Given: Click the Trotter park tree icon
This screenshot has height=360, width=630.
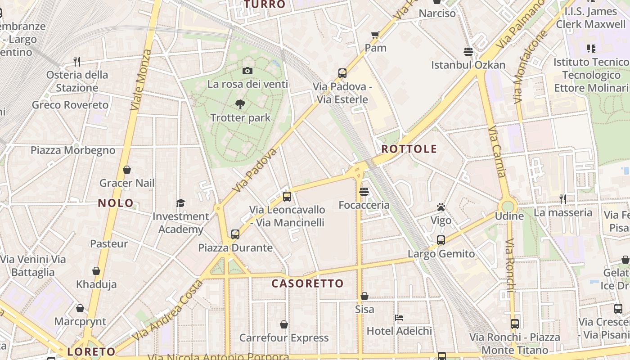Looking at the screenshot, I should click(x=240, y=104).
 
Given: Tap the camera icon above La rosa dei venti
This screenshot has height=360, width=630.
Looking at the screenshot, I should click(x=247, y=71).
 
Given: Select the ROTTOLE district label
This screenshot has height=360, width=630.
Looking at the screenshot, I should click(x=409, y=149).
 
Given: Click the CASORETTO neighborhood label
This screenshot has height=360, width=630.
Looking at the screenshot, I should click(x=308, y=283).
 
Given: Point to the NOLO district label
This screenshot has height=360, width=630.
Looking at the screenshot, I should click(x=116, y=203).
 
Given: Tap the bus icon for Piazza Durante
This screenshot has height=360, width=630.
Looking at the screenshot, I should click(x=235, y=234).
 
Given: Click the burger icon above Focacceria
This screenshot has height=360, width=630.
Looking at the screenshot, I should click(x=364, y=192).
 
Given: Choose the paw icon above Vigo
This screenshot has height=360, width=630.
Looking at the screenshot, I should click(x=441, y=207).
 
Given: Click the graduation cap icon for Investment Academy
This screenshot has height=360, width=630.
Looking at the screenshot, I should click(x=180, y=203).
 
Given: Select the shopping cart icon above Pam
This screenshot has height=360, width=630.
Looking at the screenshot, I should click(x=375, y=35).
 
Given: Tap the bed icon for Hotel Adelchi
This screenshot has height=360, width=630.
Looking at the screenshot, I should click(x=399, y=318).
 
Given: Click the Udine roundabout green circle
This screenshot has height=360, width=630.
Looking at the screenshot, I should click(x=508, y=206).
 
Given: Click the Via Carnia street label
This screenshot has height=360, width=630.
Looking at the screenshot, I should click(x=498, y=152).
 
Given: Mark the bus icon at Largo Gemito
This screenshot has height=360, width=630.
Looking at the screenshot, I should click(x=441, y=240).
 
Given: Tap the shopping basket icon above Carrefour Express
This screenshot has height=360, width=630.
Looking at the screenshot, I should click(x=284, y=324).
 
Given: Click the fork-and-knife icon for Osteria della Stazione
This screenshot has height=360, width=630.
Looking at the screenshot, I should click(x=77, y=61).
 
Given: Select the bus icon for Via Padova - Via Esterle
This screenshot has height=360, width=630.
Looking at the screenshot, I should click(x=342, y=73).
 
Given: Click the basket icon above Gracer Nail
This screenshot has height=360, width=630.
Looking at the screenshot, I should click(x=127, y=170).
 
